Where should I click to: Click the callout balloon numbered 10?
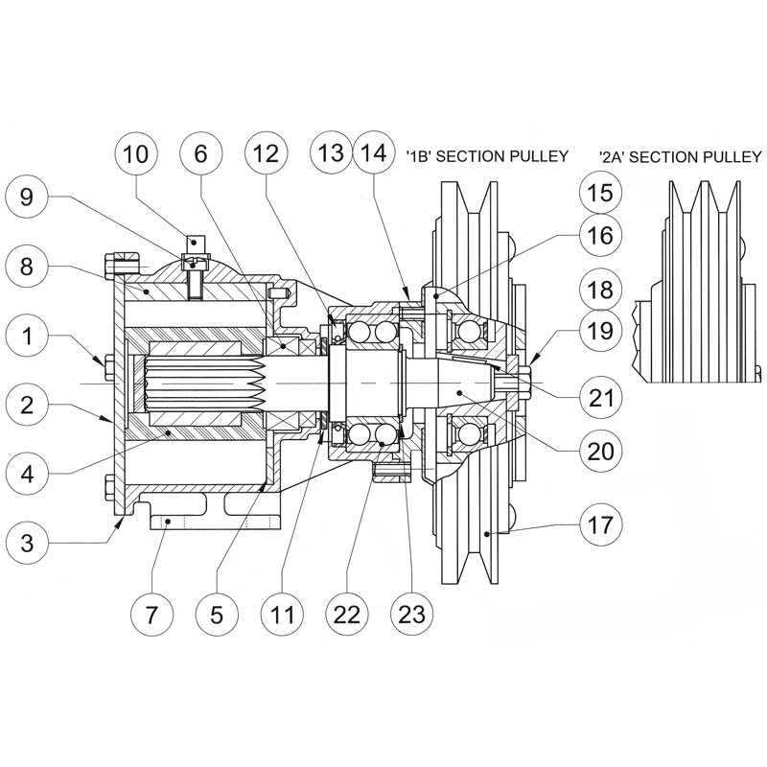click(x=138, y=153)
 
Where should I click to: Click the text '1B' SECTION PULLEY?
click(x=487, y=155)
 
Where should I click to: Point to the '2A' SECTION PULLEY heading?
click(x=680, y=155)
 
